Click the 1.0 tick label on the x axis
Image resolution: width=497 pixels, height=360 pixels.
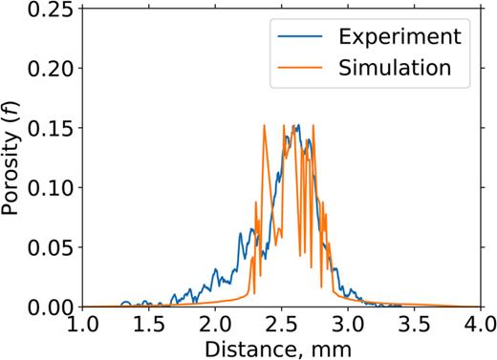click(84, 325)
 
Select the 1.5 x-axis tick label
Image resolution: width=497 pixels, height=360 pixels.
click(150, 325)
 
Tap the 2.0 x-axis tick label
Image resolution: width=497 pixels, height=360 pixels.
click(217, 325)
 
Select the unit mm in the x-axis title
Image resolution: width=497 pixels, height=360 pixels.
click(331, 348)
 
